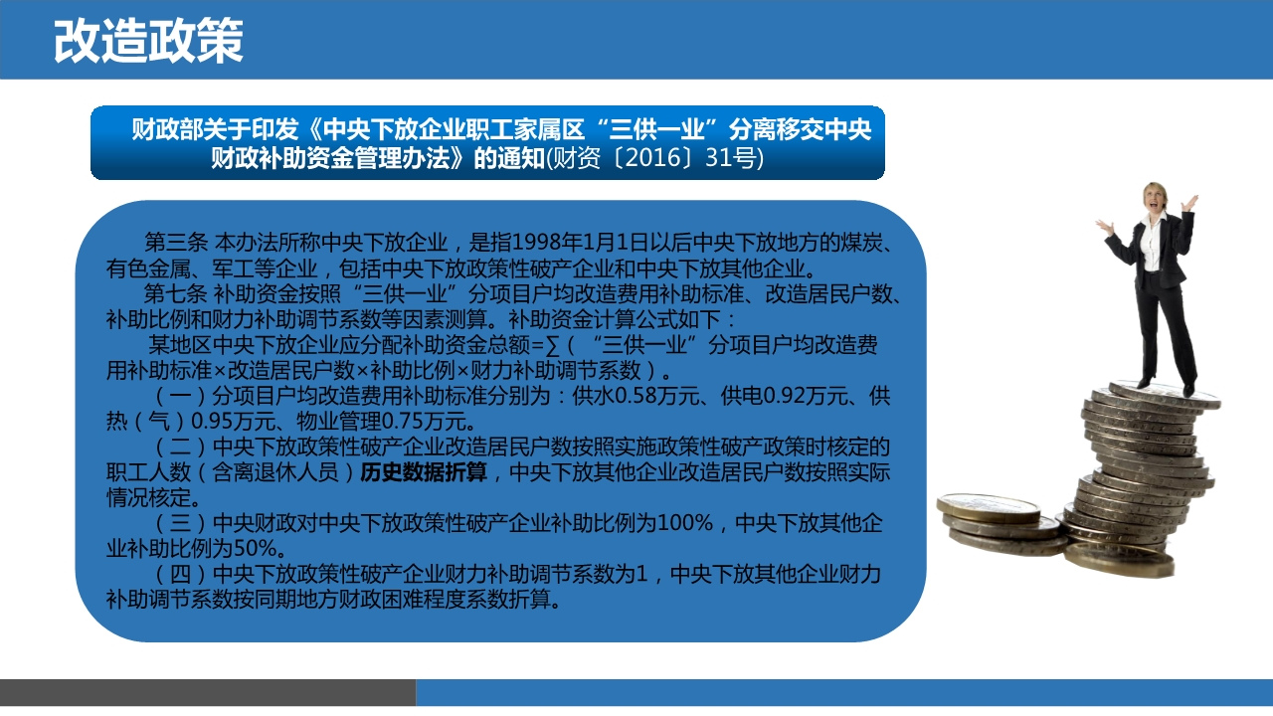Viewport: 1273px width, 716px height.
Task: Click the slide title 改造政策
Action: click(x=148, y=41)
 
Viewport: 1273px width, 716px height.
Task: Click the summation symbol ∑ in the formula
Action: click(x=551, y=345)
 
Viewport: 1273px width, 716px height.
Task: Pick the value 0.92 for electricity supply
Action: click(x=785, y=396)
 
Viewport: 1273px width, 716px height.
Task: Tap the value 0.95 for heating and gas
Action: click(x=213, y=422)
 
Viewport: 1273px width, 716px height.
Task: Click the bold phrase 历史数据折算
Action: click(x=424, y=472)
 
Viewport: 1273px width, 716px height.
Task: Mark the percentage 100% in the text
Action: click(x=685, y=523)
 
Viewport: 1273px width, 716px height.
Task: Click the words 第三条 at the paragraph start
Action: click(x=176, y=244)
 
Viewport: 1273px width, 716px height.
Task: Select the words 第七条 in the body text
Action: click(x=176, y=294)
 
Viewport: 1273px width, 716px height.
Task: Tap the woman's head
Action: click(x=1155, y=198)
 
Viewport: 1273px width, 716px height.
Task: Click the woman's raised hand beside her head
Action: click(x=1188, y=202)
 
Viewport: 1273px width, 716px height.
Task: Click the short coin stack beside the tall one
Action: click(x=1001, y=524)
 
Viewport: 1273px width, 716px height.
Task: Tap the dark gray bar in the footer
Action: click(x=208, y=692)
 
